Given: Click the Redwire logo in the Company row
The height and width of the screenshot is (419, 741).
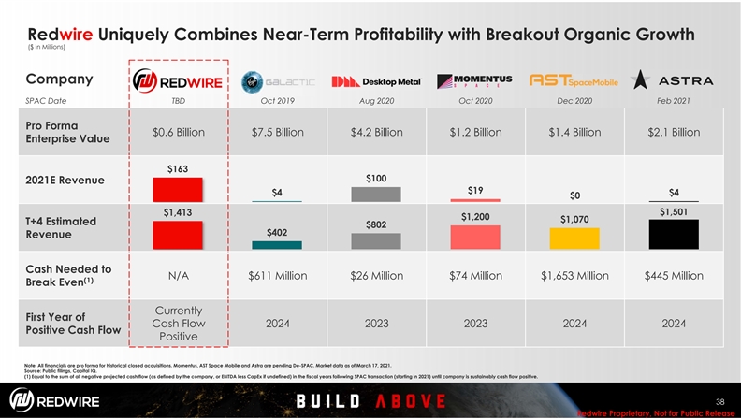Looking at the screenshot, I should coord(178,81).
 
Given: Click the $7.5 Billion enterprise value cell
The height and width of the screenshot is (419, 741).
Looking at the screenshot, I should coord(277,132).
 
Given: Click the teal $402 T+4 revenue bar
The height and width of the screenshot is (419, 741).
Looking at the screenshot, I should coord(277,244).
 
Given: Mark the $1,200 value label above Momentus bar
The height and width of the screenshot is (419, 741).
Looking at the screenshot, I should coord(474,216).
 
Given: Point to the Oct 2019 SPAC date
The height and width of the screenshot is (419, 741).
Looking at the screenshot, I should coord(277,101).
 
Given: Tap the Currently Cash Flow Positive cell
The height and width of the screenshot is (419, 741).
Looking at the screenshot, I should coord(178,323).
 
